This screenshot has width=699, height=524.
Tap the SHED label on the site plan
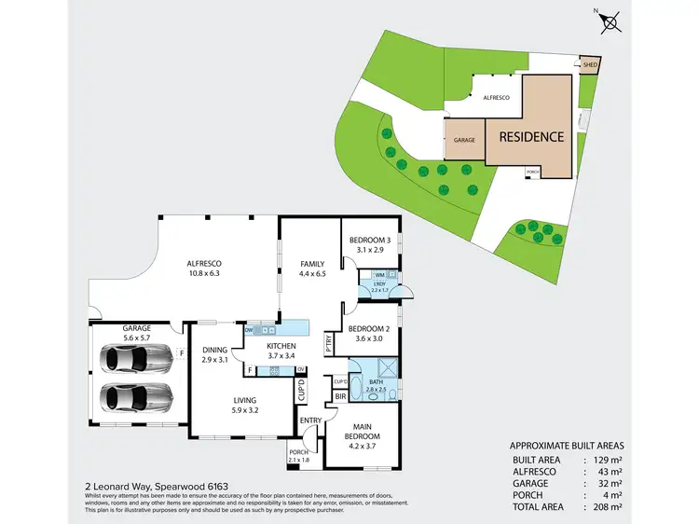590,65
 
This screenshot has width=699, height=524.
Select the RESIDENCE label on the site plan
531,136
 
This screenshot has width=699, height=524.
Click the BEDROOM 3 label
368,245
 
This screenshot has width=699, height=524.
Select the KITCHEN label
266,351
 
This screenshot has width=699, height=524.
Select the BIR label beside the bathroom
340,396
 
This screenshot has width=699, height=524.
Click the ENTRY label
310,420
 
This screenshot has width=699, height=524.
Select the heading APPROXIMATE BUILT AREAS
568,447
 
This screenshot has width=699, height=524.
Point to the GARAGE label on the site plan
464,140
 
